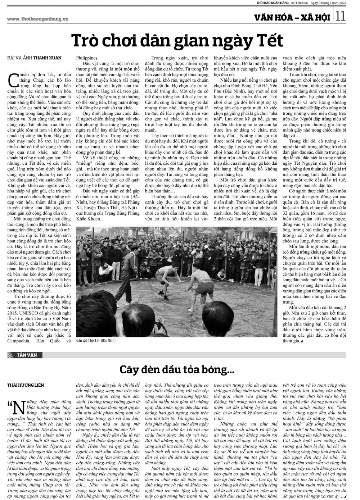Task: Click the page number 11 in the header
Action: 341,16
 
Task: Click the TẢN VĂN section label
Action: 27,355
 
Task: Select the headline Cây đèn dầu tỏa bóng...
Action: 177,370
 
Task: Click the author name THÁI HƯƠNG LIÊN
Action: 26,385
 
